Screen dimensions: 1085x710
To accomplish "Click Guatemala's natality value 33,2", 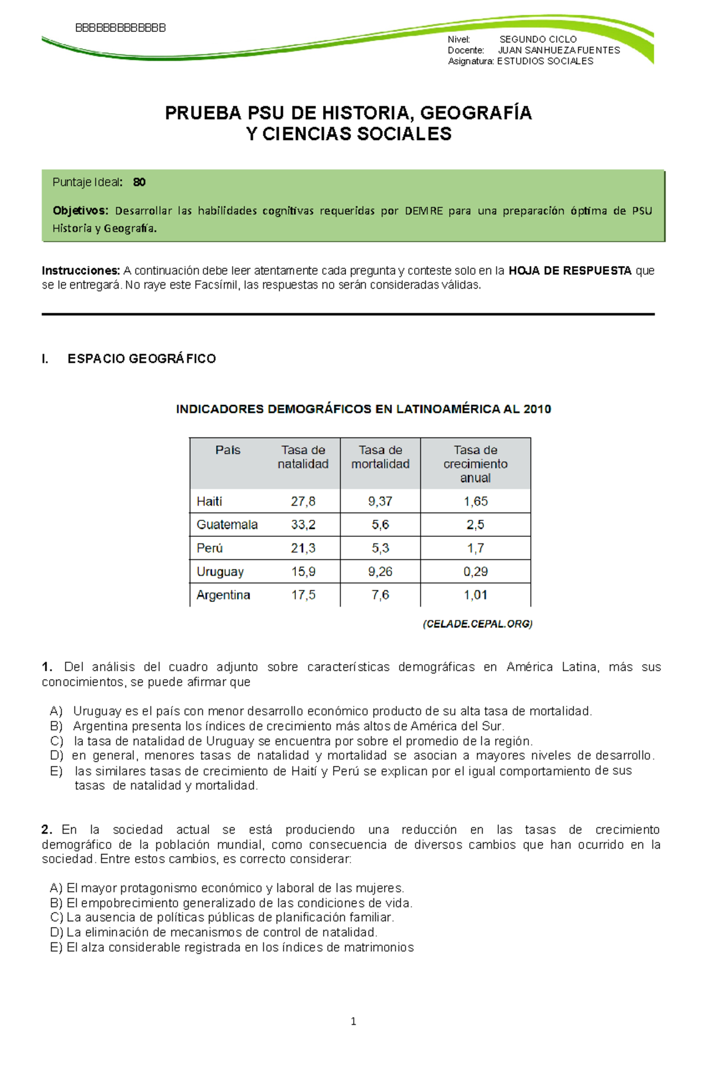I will click(303, 524).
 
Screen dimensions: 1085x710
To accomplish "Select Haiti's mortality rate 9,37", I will click(380, 501).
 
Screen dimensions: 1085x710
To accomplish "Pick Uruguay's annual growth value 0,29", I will click(475, 572).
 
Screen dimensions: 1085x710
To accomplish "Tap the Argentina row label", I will click(223, 595).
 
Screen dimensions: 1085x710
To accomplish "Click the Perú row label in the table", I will click(209, 548).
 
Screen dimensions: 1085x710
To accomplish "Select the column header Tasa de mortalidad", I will click(380, 457).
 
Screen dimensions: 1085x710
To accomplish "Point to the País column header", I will click(228, 450).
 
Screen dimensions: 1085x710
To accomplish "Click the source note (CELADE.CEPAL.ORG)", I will click(477, 624).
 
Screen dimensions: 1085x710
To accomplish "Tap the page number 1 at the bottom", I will click(353, 1021).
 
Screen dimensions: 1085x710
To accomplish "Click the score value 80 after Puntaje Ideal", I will click(139, 182).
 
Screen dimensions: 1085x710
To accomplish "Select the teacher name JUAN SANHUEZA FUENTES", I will click(559, 50).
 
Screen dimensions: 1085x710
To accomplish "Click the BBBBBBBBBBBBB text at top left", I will click(121, 28).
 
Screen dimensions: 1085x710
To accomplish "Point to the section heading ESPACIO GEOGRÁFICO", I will click(141, 358).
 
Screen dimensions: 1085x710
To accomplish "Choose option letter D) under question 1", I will click(56, 756).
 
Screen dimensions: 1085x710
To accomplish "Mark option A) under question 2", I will click(56, 888).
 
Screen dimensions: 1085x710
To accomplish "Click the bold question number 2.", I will click(47, 830).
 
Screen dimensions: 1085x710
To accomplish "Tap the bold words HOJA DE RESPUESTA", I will click(570, 271).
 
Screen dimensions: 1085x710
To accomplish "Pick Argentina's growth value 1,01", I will click(475, 595).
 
